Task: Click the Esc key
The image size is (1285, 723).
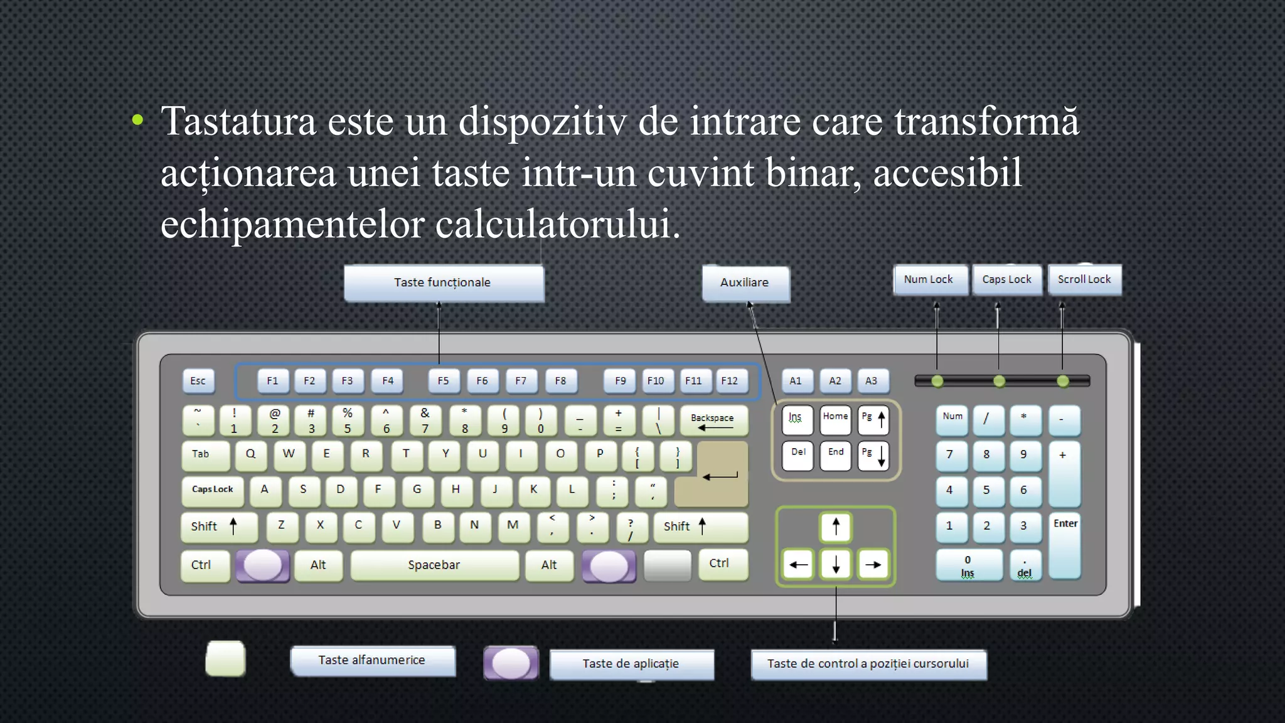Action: [198, 381]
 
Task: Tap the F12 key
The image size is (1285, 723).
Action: [729, 381]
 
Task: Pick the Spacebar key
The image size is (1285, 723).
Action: [434, 565]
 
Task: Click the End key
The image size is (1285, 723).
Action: [835, 455]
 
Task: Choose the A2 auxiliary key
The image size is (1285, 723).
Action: [834, 381]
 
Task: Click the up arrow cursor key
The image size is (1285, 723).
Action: [835, 527]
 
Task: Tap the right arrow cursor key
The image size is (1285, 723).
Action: [873, 564]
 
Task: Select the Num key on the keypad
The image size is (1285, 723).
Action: [952, 419]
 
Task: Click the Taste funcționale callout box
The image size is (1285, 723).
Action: [443, 283]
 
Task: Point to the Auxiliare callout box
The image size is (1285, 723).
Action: [745, 283]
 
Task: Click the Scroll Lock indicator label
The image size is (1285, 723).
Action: [1084, 280]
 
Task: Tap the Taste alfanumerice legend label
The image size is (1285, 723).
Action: [372, 661]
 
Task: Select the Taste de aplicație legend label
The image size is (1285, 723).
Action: [631, 664]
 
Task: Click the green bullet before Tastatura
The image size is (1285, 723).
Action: [138, 120]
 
